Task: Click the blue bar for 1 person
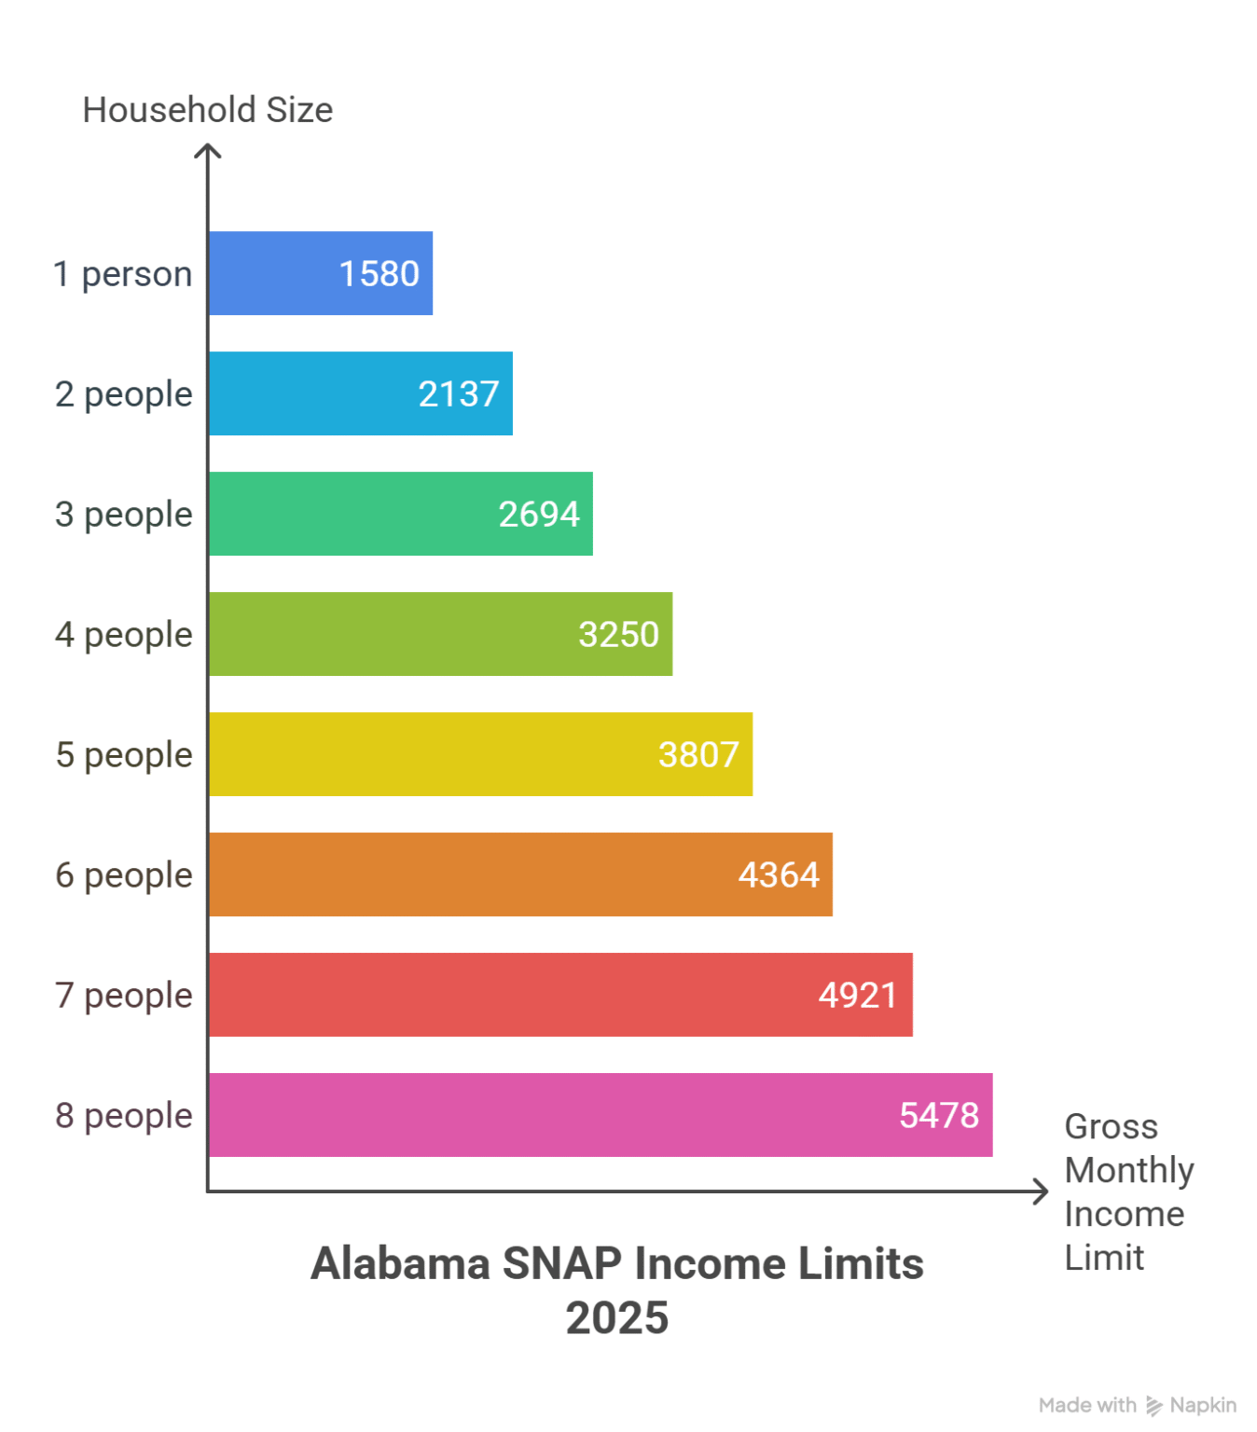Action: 280,273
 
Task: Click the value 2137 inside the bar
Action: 459,394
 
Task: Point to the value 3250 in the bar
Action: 618,635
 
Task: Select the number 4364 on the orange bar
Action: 779,875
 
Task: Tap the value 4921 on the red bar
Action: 858,996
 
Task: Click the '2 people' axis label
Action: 123,394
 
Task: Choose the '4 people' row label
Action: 123,635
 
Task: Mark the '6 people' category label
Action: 123,875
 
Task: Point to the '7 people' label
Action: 123,996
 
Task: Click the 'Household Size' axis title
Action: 207,110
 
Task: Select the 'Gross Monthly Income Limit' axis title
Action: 1128,1191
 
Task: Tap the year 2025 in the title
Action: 617,1318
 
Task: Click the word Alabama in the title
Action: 401,1264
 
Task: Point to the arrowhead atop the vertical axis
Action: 208,150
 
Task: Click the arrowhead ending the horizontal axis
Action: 1042,1191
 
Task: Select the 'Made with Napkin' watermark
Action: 1138,1405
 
